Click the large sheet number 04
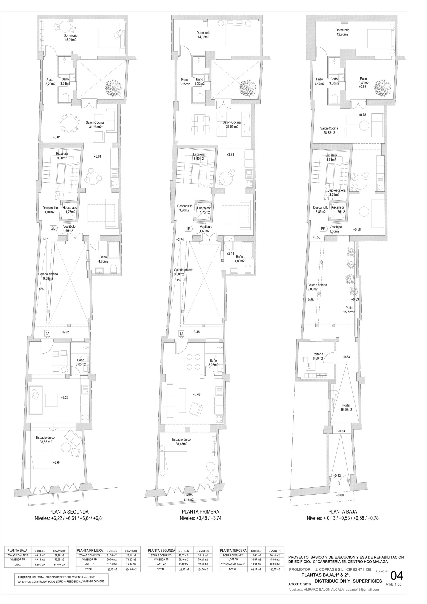click(397, 576)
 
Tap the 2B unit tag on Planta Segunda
click(53, 228)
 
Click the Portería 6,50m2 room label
click(318, 356)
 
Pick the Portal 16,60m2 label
click(346, 407)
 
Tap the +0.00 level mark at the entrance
click(340, 495)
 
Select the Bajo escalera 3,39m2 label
click(336, 192)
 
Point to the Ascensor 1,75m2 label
click(338, 210)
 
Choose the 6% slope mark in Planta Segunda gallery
click(41, 289)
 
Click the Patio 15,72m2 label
click(349, 310)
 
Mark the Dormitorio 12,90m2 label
click(342, 32)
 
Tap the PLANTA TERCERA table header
click(233, 550)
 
